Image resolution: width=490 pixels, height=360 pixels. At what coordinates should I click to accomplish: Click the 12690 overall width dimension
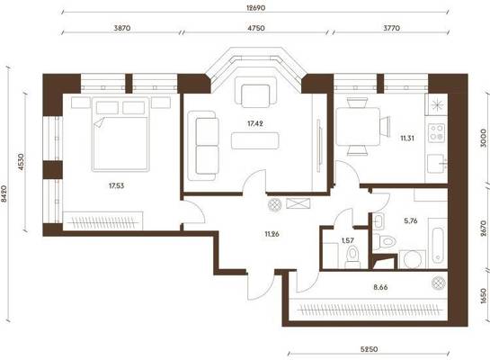tap(255, 8)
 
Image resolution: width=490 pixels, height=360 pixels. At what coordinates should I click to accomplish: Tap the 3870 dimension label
tap(122, 28)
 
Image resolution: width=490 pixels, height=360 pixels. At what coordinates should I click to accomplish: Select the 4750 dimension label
tap(256, 28)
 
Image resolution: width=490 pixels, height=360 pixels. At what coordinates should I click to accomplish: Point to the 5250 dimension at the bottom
tap(369, 349)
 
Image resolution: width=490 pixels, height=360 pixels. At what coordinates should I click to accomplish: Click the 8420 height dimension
tap(4, 193)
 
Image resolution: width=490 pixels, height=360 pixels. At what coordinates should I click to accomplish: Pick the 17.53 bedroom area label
tap(116, 185)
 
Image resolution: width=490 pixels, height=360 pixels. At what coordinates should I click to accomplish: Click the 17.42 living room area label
tap(255, 123)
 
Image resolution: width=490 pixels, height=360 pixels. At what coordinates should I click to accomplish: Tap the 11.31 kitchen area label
tap(407, 138)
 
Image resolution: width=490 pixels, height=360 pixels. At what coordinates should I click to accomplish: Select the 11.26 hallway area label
tap(272, 234)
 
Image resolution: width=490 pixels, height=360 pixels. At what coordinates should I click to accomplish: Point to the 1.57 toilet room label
tap(348, 240)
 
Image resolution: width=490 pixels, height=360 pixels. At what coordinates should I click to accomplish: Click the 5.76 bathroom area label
tap(411, 220)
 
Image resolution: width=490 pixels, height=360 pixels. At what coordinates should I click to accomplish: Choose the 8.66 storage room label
tap(380, 287)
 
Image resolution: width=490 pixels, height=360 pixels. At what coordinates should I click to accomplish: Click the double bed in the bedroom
tap(120, 134)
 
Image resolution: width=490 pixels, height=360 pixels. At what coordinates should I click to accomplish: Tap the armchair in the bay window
tap(255, 92)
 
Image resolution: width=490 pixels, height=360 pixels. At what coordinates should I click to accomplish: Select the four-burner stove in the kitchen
tap(437, 132)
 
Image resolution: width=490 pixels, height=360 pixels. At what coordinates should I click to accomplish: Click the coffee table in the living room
tap(255, 140)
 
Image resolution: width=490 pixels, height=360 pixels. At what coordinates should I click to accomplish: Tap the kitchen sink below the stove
tap(437, 163)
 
